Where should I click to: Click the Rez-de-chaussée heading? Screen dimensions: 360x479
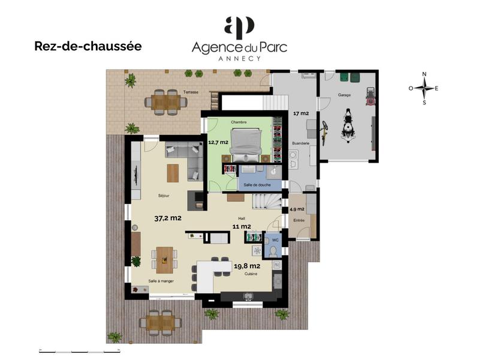pyautogui.click(x=88, y=46)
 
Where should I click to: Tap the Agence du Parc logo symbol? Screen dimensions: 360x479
pyautogui.click(x=239, y=28)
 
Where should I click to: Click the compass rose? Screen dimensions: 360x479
pyautogui.click(x=424, y=88)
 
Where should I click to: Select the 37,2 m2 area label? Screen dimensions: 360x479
pyautogui.click(x=167, y=218)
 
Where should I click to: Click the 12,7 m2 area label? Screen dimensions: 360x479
pyautogui.click(x=218, y=143)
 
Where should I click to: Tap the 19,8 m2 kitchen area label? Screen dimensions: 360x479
pyautogui.click(x=247, y=266)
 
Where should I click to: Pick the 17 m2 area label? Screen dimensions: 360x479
pyautogui.click(x=300, y=113)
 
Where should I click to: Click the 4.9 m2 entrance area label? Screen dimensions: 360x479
pyautogui.click(x=297, y=209)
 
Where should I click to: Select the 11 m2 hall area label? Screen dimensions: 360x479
pyautogui.click(x=242, y=227)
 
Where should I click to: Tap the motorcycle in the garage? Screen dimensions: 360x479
pyautogui.click(x=348, y=125)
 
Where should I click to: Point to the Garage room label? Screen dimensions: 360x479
pyautogui.click(x=344, y=95)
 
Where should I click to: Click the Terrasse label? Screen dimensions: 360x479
pyautogui.click(x=191, y=93)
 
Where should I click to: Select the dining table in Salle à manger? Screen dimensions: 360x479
pyautogui.click(x=164, y=260)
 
